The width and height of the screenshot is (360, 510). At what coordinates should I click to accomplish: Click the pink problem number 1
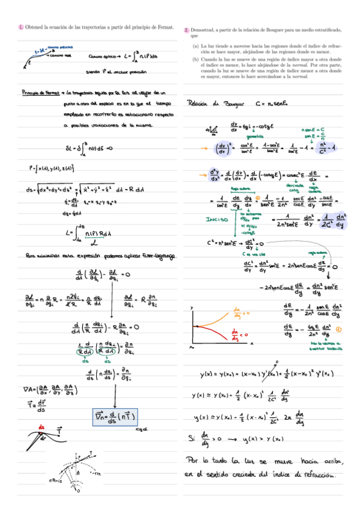tap(21, 27)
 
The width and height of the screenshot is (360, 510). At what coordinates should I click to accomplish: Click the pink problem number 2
tap(187, 29)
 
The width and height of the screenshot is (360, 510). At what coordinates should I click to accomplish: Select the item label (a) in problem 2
tap(196, 45)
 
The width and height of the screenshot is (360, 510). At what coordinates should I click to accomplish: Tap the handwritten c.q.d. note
tap(142, 428)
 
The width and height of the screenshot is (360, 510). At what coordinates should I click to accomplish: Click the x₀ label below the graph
tap(191, 347)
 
